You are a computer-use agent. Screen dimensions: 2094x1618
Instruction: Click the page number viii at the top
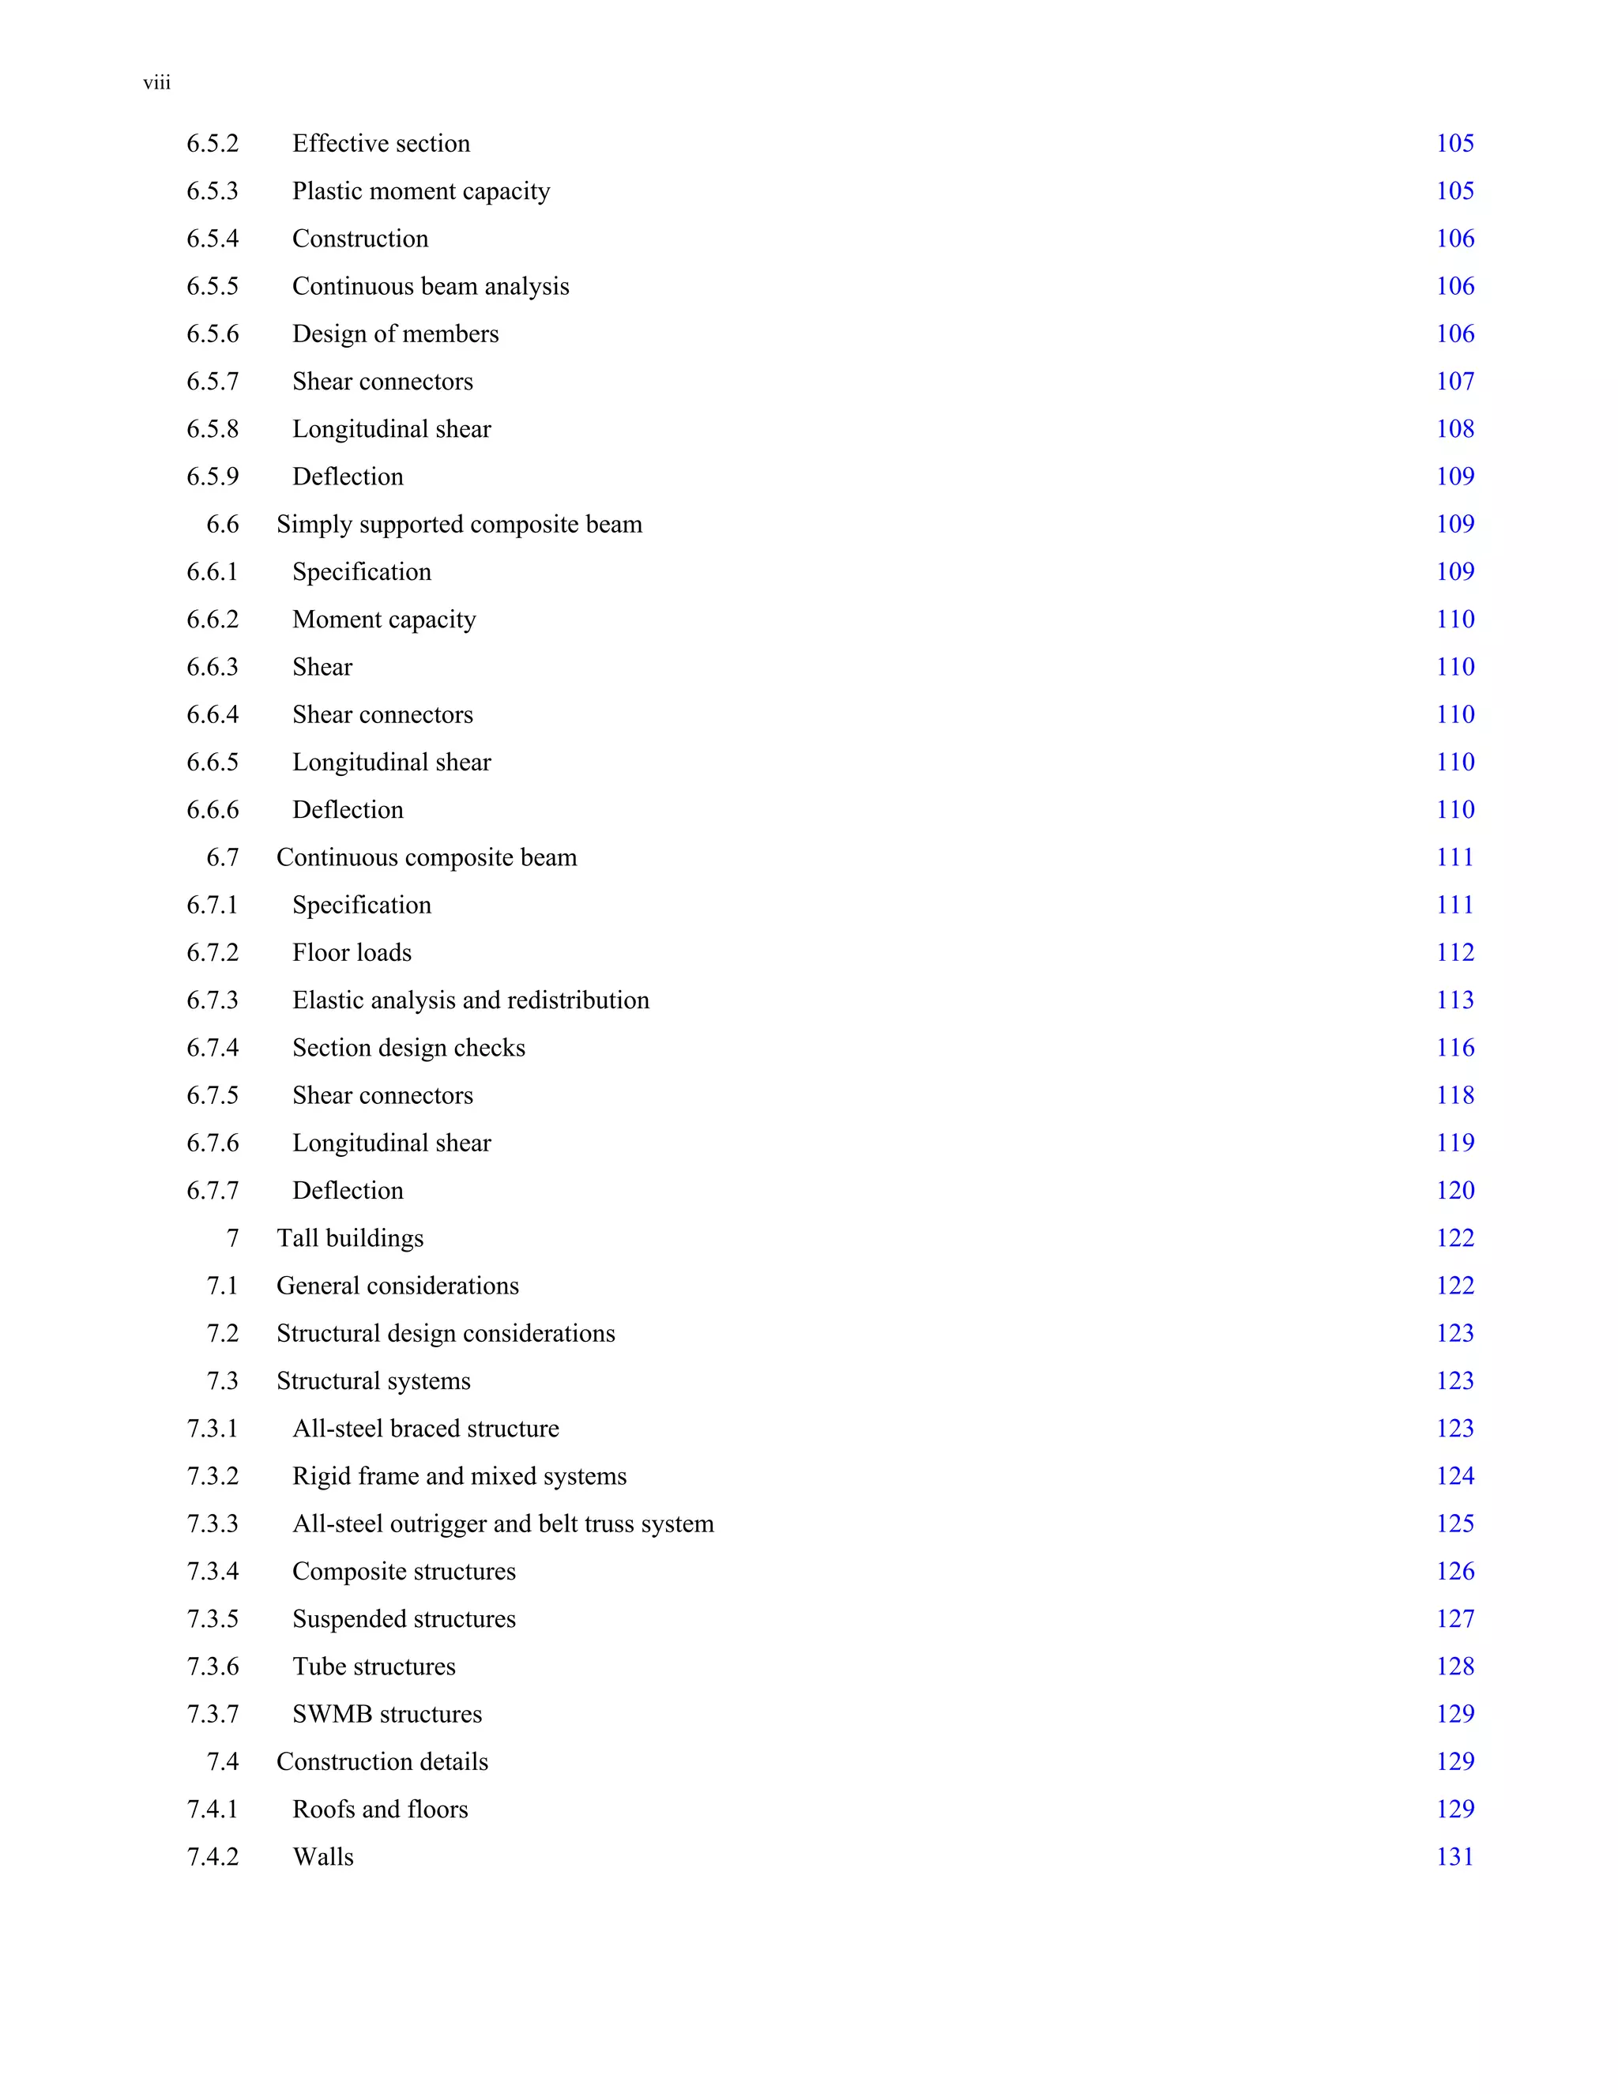(157, 84)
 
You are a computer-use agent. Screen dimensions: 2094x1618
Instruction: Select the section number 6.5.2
(212, 144)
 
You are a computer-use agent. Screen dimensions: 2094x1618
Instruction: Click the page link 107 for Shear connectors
(1454, 382)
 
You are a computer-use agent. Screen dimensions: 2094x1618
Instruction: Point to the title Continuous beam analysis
(431, 287)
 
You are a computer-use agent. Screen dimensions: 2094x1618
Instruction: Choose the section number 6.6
(222, 525)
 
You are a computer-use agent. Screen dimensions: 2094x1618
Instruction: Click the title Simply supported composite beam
(459, 525)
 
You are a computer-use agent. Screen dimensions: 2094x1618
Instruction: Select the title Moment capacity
(383, 620)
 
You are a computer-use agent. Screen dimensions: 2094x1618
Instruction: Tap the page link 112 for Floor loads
(1454, 953)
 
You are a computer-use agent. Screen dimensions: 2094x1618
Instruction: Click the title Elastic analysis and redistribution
(471, 1000)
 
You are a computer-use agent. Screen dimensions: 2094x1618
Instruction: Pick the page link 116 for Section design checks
(1454, 1048)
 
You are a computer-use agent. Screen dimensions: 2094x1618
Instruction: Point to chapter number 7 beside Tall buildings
(232, 1239)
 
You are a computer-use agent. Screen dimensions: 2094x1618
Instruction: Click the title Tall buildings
(350, 1239)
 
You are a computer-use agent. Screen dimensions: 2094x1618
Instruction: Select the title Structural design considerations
(446, 1334)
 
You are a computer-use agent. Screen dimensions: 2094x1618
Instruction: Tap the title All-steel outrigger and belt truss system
(503, 1524)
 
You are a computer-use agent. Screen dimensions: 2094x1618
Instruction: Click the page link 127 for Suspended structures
(1454, 1619)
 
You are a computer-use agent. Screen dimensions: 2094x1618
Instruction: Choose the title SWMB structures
(387, 1715)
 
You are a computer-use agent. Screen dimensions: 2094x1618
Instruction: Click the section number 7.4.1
(212, 1810)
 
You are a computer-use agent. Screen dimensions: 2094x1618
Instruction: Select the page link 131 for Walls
(1454, 1857)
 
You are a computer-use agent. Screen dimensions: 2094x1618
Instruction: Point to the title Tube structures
(374, 1667)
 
